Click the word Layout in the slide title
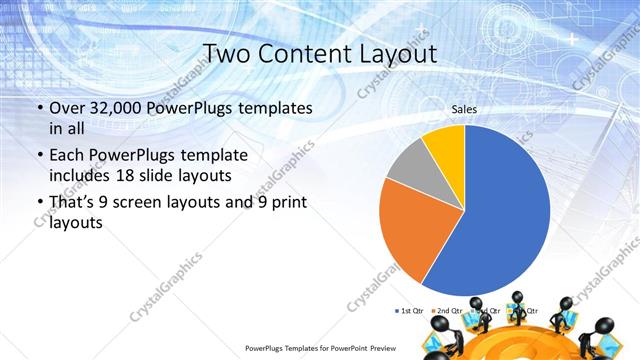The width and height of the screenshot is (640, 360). point(389,53)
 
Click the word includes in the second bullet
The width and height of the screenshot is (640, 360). point(83,175)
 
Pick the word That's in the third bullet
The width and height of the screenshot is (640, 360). point(73,203)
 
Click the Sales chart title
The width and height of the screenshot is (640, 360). point(464,108)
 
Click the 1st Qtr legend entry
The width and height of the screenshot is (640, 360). point(410,310)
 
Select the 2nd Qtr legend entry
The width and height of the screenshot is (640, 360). point(448,310)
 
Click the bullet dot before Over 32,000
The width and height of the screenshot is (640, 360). point(38,108)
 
